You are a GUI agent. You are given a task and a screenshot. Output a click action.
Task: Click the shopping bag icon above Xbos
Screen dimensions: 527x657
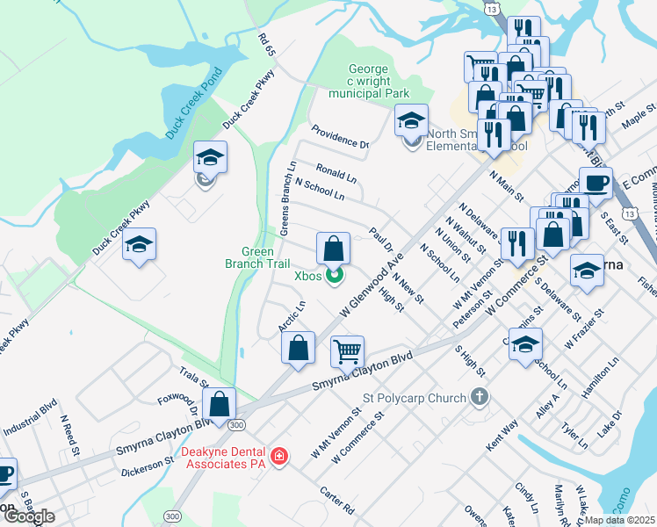pyautogui.click(x=334, y=249)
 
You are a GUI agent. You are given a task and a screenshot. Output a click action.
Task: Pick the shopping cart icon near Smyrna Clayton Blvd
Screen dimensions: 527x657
pyautogui.click(x=348, y=352)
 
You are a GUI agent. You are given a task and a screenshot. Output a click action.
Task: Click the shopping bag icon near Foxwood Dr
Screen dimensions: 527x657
pyautogui.click(x=220, y=405)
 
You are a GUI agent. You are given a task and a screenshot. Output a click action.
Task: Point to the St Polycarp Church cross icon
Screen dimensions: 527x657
pyautogui.click(x=479, y=398)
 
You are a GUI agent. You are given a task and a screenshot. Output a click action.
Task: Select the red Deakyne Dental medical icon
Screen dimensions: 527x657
pyautogui.click(x=278, y=457)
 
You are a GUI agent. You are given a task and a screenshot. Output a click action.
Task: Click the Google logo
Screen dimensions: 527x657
pyautogui.click(x=29, y=516)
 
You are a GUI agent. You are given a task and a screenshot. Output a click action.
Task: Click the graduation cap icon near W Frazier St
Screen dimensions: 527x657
pyautogui.click(x=587, y=271)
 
